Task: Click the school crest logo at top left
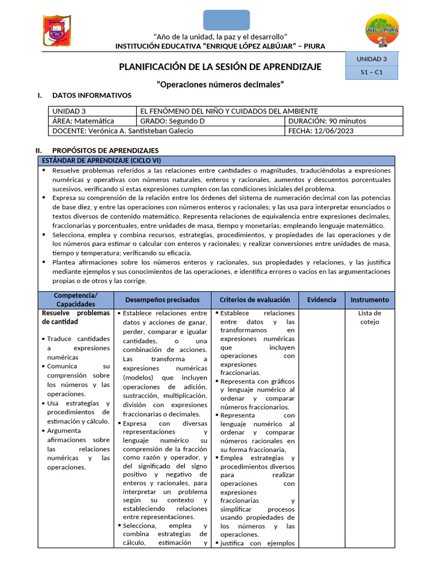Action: [56, 31]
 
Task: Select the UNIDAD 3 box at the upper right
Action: [372, 59]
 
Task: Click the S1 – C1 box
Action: [372, 72]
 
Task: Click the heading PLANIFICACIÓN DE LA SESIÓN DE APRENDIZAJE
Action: [220, 67]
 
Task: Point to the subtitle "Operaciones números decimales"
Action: [220, 84]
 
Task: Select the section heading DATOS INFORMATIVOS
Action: [92, 95]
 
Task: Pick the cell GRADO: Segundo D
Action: [211, 121]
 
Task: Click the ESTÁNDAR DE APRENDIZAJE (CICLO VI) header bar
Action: [216, 160]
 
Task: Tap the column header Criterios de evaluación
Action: [255, 300]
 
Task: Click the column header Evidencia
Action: [322, 300]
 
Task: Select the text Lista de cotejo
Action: [369, 318]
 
